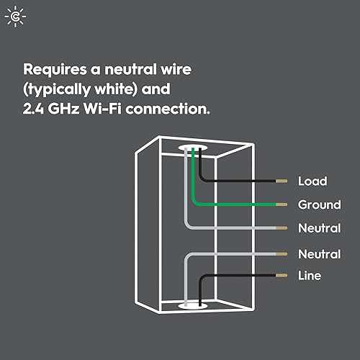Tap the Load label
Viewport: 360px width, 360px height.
312,181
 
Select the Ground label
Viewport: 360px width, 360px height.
319,205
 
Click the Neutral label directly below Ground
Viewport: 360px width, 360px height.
319,229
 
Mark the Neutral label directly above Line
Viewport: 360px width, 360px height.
319,254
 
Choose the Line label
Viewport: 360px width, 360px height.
310,276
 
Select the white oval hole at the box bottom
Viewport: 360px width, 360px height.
192,307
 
